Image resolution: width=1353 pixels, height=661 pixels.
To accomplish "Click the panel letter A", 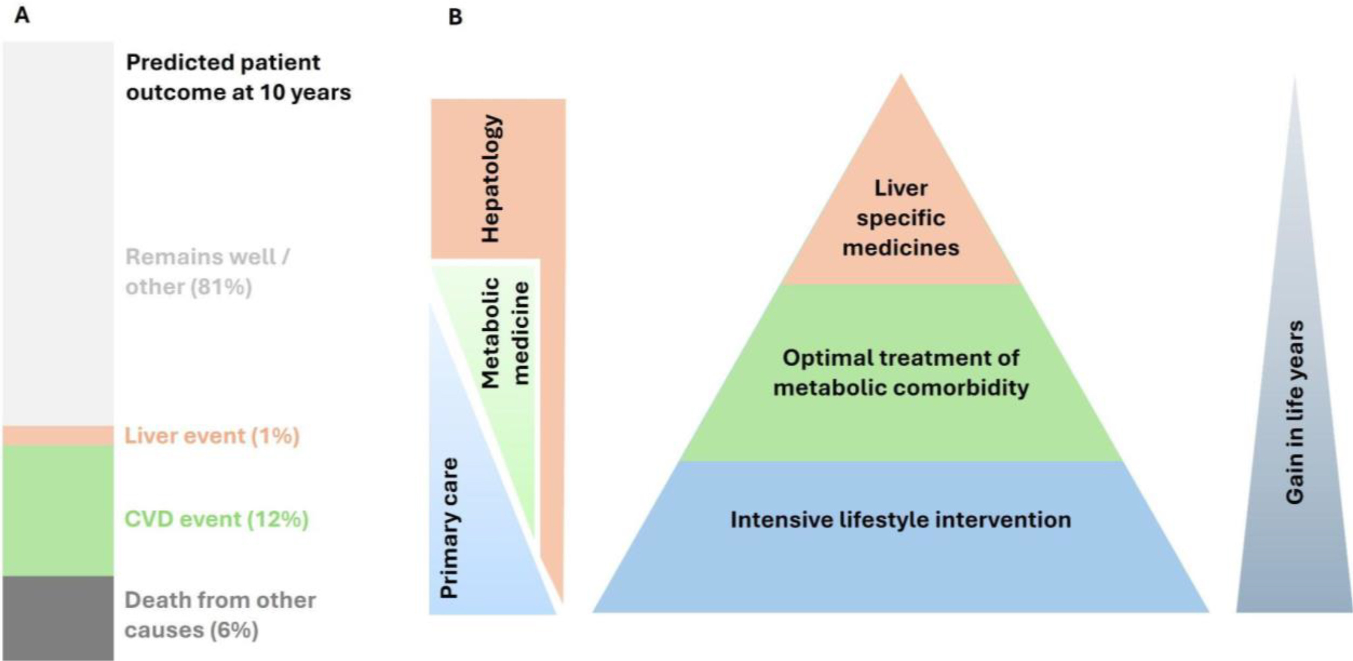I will point(22,16).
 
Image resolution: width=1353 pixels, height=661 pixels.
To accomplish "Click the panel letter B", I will point(455,17).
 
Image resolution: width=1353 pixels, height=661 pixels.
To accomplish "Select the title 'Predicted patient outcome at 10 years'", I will point(238,77).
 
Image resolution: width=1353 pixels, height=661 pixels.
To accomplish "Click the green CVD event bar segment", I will point(58,510).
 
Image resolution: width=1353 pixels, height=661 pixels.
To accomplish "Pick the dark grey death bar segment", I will point(58,618).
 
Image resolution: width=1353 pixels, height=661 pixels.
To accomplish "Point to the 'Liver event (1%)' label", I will point(212,436).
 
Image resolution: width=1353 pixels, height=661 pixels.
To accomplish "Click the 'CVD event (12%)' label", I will point(216,520).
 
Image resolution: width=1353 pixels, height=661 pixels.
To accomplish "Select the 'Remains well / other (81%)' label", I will point(207,272).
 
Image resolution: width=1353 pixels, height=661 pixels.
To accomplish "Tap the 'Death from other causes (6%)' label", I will point(220,615).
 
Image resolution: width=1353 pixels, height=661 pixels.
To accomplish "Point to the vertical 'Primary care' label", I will point(449,528).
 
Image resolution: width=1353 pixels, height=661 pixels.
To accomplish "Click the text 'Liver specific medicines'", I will point(901,218).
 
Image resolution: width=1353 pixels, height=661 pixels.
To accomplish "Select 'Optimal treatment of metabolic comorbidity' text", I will point(901,373).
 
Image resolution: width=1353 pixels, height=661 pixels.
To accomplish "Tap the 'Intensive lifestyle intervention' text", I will point(901,520).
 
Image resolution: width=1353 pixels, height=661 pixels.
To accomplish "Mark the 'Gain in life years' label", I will point(1294,413).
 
